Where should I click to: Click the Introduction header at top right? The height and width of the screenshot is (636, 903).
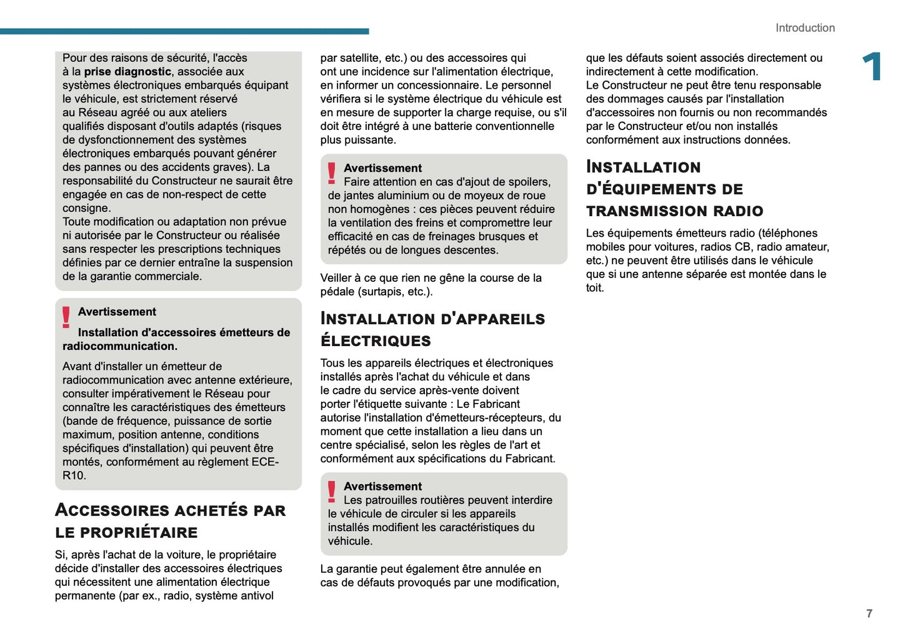[x=805, y=28]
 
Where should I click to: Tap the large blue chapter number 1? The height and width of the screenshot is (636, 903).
[x=872, y=66]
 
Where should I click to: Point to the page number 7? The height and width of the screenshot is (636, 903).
[x=869, y=614]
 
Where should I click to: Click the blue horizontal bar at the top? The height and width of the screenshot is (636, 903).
[x=184, y=31]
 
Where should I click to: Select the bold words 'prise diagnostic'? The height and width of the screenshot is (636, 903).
[x=127, y=72]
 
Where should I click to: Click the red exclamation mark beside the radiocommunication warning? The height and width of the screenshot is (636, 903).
[x=66, y=317]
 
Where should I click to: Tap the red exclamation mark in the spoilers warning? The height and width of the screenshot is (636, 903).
[x=332, y=173]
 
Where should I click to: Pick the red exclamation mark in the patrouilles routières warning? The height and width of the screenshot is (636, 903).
[x=332, y=492]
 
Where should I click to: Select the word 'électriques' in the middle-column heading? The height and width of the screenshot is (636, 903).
[x=376, y=341]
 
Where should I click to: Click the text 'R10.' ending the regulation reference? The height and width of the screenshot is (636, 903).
[x=74, y=475]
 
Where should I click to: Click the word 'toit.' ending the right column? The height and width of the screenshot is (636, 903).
[x=595, y=288]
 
